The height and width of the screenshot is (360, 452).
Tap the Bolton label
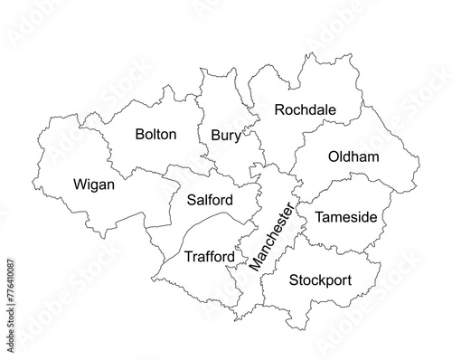tap(155, 135)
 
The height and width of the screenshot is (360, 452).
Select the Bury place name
tap(225, 136)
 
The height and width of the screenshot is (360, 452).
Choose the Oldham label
tap(353, 157)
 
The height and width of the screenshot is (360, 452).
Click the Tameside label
tap(345, 218)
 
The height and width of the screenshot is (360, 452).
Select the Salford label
tap(210, 200)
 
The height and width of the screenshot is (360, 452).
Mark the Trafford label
tap(209, 257)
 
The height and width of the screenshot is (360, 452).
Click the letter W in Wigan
tap(76, 185)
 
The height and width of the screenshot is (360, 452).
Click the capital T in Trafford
tap(187, 257)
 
